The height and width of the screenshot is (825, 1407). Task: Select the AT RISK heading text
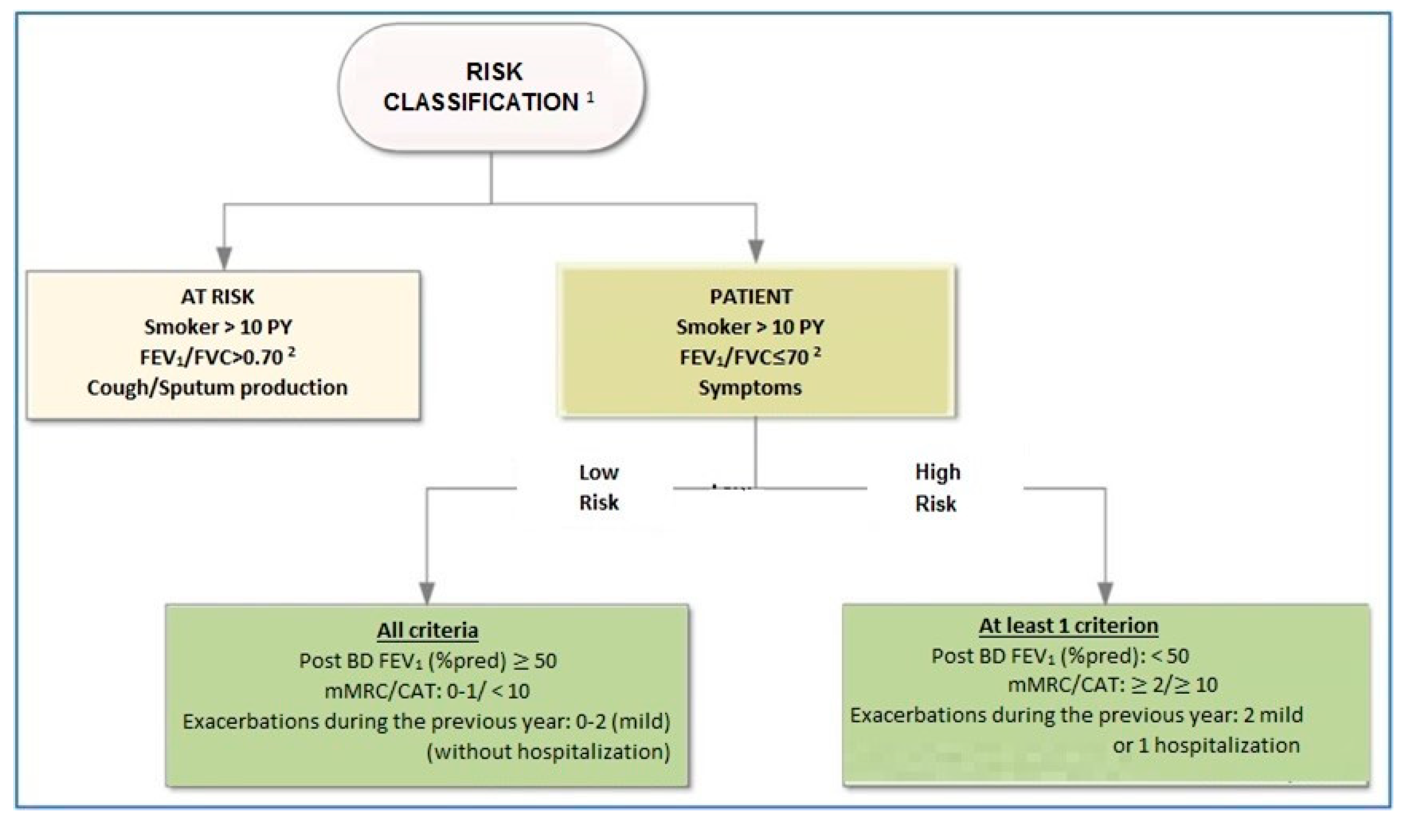[218, 297]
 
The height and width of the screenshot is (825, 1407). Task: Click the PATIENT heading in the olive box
[750, 297]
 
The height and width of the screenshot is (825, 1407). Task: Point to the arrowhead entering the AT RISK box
[224, 258]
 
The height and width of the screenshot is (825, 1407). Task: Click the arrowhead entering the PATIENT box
[756, 252]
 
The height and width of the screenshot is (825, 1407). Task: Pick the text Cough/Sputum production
[217, 387]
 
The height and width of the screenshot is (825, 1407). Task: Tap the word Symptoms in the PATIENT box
[750, 387]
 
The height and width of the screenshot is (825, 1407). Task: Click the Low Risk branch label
[598, 488]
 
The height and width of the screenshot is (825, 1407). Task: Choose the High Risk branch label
[937, 488]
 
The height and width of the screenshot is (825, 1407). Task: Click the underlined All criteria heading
[427, 630]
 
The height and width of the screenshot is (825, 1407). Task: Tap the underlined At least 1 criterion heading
[1068, 625]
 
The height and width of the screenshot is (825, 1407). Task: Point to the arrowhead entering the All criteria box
[427, 592]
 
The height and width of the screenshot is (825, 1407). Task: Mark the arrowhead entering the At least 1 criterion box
[1105, 592]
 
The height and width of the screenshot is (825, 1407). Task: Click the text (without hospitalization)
[548, 752]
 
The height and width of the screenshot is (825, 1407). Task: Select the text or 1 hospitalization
[1206, 746]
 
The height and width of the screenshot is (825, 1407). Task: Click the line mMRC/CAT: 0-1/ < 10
[427, 692]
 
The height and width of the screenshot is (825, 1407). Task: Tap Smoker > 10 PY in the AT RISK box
[218, 327]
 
